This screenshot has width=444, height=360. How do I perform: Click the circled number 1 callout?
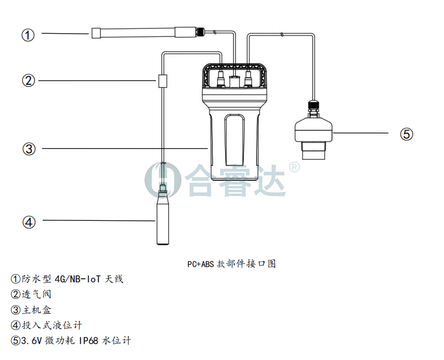[x=28, y=35]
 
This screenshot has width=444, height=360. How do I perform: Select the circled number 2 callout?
[x=28, y=81]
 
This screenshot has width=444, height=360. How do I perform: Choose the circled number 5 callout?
[x=406, y=134]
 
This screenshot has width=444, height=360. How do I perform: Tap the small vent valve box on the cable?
[x=163, y=81]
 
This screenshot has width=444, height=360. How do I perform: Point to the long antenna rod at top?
[x=137, y=32]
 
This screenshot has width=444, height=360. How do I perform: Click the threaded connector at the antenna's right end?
[x=200, y=32]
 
